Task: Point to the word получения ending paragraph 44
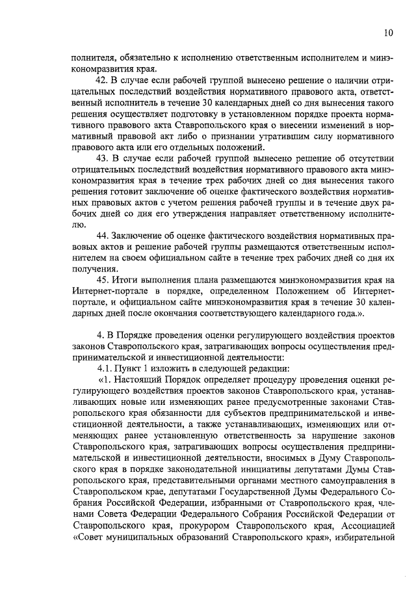[x=94, y=268]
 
